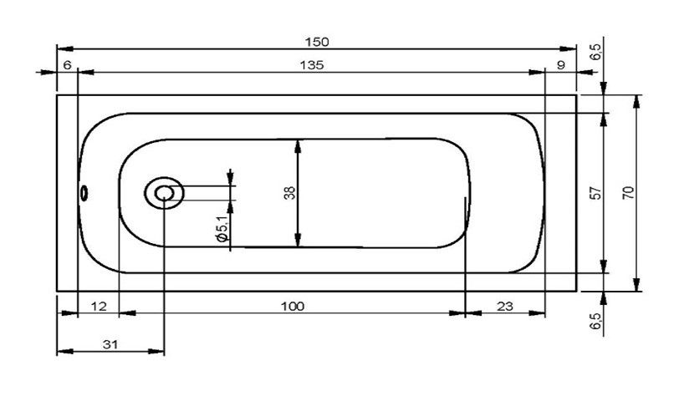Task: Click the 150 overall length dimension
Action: pyautogui.click(x=317, y=42)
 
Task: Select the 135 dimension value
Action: pyautogui.click(x=312, y=65)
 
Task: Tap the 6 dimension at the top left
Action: pyautogui.click(x=67, y=65)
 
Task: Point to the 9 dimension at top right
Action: pyautogui.click(x=561, y=65)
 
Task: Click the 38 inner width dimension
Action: pyautogui.click(x=289, y=193)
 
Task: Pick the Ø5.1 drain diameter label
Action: pyautogui.click(x=222, y=229)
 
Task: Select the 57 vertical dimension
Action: pyautogui.click(x=596, y=193)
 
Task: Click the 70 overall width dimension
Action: pyautogui.click(x=628, y=192)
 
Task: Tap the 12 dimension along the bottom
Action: pyautogui.click(x=99, y=307)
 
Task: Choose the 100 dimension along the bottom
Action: pyautogui.click(x=293, y=307)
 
